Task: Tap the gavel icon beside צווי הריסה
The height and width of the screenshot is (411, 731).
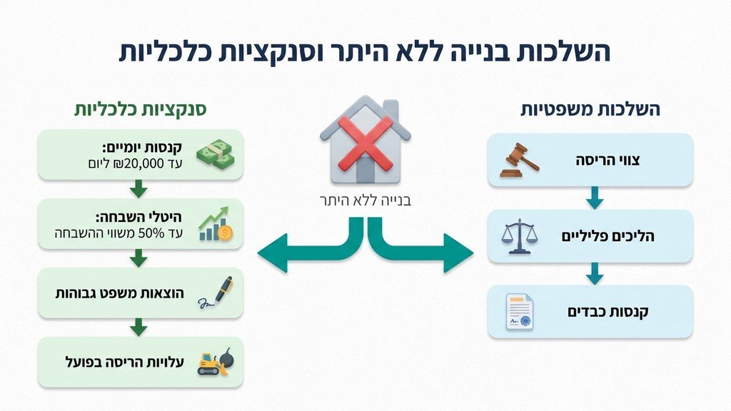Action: tap(519, 160)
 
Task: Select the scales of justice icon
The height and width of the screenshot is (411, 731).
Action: tap(519, 235)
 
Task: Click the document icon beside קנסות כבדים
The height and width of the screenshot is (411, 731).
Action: tap(520, 312)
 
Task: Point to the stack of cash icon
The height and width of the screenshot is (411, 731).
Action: tap(215, 154)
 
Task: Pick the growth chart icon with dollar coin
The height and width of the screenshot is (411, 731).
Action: tap(215, 223)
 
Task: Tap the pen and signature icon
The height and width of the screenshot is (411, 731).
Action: tap(215, 293)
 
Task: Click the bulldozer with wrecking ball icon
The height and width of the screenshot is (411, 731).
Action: tap(215, 362)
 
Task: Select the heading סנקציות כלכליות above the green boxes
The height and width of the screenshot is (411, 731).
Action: tap(141, 110)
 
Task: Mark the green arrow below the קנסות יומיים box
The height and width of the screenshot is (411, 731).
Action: tap(140, 189)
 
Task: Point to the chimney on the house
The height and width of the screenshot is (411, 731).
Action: tap(390, 110)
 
